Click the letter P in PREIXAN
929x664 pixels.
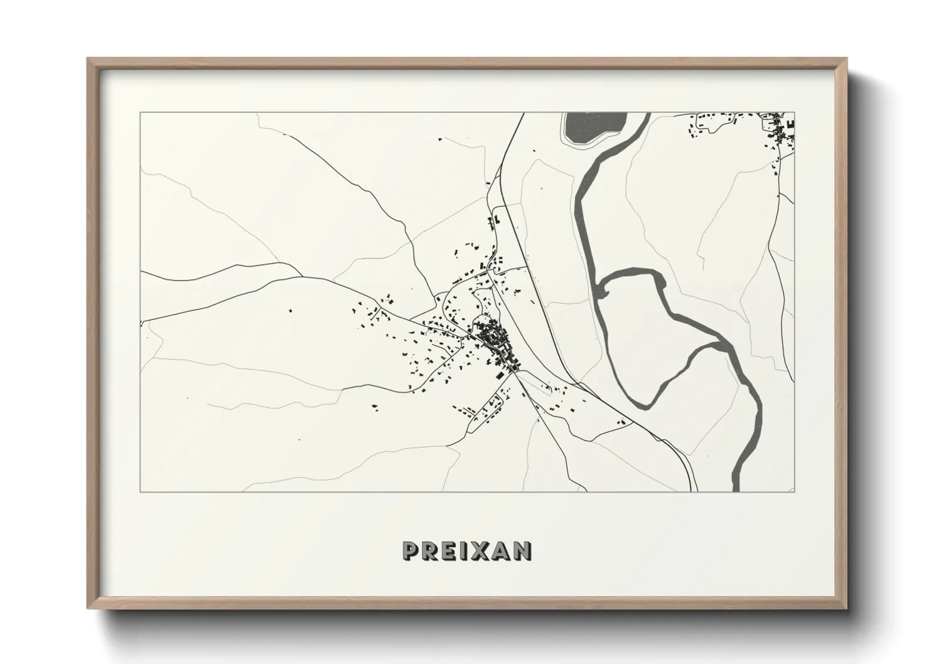pos(412,551)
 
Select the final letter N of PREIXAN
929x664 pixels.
pos(522,551)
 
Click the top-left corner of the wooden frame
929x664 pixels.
pos(88,58)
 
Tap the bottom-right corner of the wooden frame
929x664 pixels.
pos(846,609)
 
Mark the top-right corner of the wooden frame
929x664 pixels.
pos(846,58)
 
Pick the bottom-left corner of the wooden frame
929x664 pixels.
pos(88,609)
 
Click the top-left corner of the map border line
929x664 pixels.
pos(141,113)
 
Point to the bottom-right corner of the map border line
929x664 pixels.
pos(794,492)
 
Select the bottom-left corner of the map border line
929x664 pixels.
pos(141,492)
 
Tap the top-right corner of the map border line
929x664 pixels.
pos(794,113)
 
